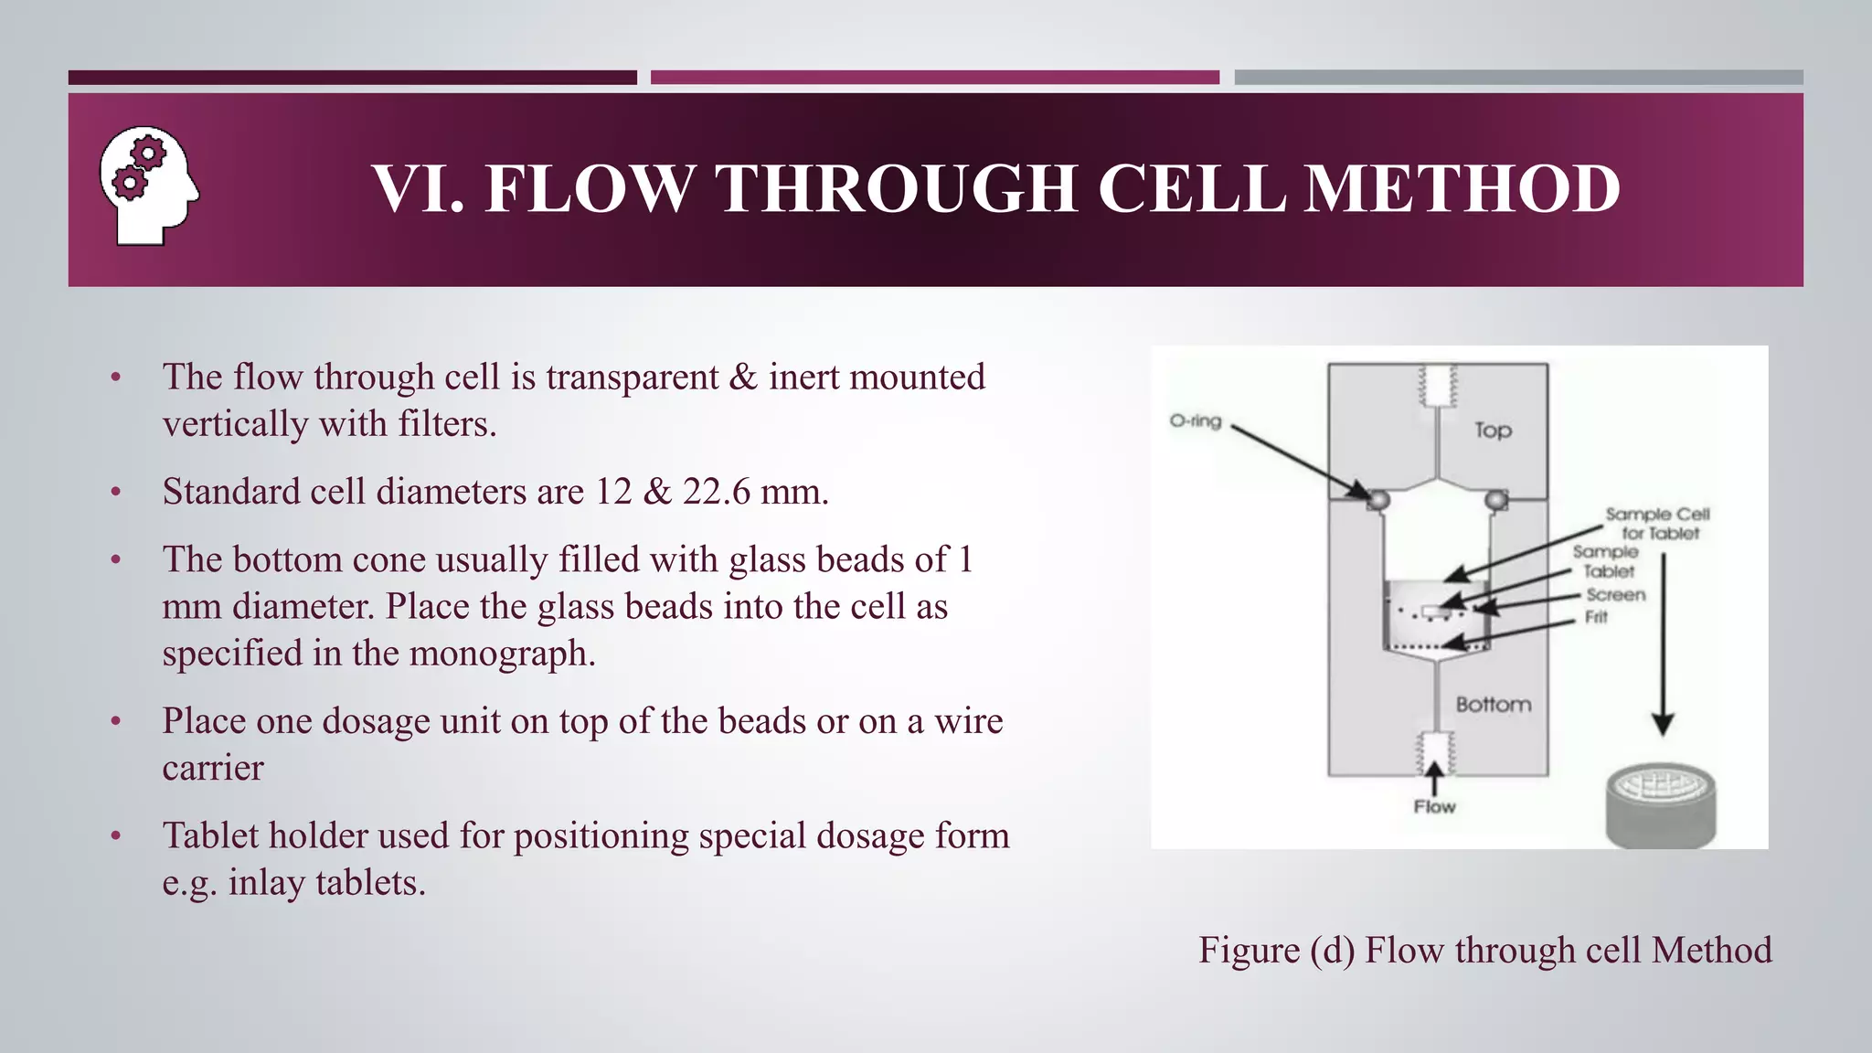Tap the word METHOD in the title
[1462, 189]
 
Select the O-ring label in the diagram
[1195, 421]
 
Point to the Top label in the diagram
[1493, 431]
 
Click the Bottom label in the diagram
[1494, 705]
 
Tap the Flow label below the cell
[1434, 807]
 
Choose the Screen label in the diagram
[1616, 595]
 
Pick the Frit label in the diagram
[1596, 617]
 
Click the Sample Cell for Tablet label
[1658, 524]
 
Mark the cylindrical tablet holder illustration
[1660, 805]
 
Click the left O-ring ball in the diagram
[1377, 499]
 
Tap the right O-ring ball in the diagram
[1496, 499]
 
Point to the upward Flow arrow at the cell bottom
[1435, 777]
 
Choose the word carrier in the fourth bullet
[213, 768]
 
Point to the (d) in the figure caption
[1332, 951]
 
